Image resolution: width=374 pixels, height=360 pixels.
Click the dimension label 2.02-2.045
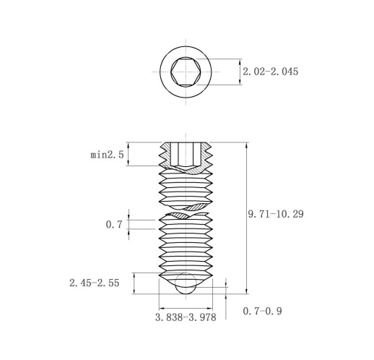[x=270, y=72]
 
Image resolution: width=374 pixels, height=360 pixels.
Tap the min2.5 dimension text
[x=107, y=155]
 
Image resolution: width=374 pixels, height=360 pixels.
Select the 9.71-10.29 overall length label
[x=276, y=214]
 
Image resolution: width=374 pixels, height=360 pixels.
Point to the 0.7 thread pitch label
[x=114, y=225]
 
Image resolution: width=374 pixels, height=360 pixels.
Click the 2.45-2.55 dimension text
[x=95, y=283]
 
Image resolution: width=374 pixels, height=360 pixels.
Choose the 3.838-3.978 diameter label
[x=186, y=317]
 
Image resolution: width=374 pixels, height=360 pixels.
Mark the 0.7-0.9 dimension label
[x=262, y=311]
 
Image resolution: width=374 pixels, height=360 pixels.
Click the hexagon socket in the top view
[x=186, y=72]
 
